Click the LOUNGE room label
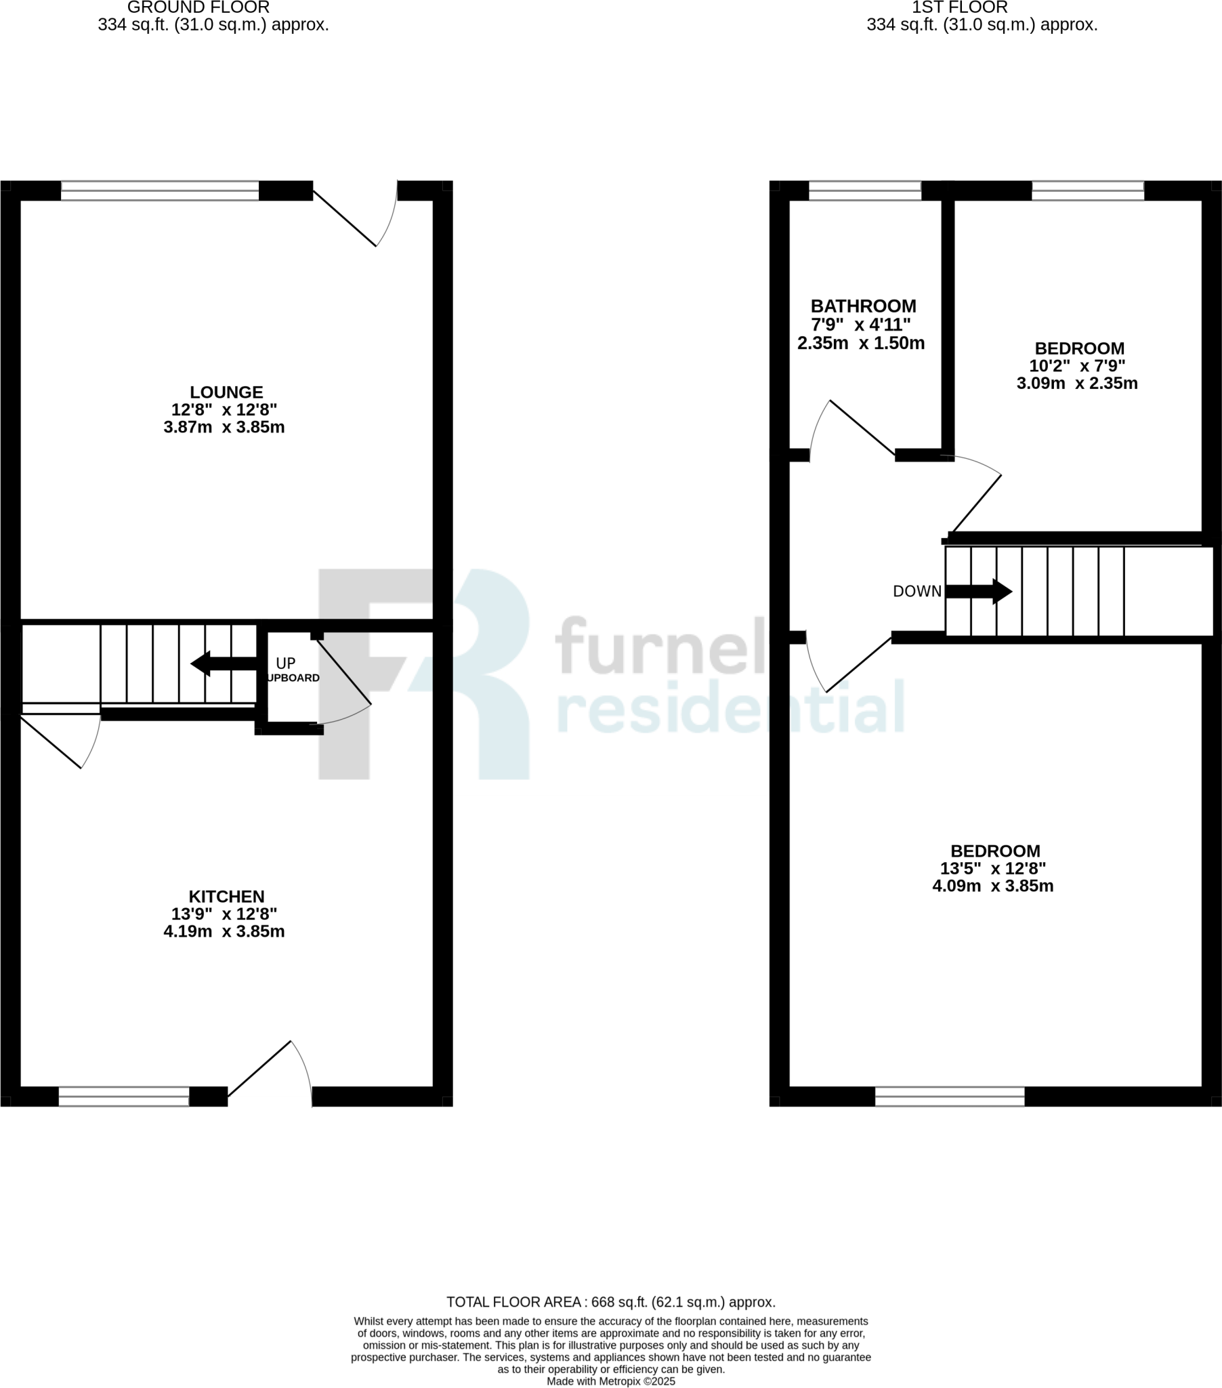click(226, 392)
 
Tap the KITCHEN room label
click(226, 897)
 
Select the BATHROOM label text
click(863, 306)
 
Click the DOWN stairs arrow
click(978, 592)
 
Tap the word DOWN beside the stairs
click(916, 592)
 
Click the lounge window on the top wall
click(160, 191)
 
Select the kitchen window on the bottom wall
click(123, 1096)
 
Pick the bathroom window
click(864, 191)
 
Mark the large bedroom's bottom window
click(949, 1096)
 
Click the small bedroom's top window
click(1088, 191)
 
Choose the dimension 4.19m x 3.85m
click(224, 931)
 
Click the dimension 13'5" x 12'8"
click(992, 869)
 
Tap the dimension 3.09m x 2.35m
click(1077, 383)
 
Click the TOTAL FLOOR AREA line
click(610, 1302)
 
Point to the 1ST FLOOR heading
click(959, 7)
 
